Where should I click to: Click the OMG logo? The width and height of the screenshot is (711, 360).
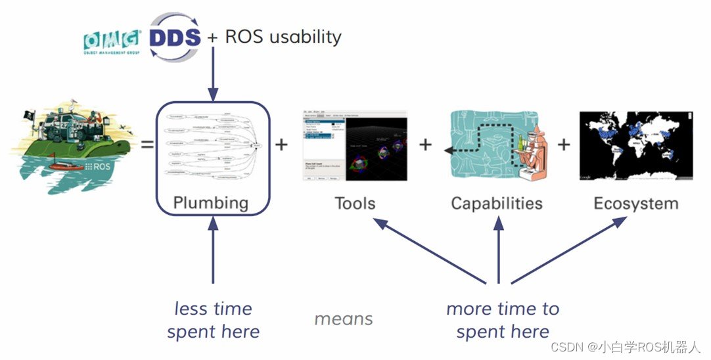tap(111, 41)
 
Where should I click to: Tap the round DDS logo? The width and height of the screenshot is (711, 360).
tap(175, 37)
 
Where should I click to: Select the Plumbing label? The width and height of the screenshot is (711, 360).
tap(211, 203)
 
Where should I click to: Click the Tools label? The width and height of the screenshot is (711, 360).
tap(355, 203)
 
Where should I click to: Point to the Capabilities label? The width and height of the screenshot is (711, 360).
tap(497, 203)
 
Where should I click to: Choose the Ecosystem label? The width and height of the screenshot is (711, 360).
tap(635, 203)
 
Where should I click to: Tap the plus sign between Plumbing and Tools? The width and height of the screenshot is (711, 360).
tap(281, 143)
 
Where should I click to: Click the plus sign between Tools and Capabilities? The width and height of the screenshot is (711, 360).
tap(426, 143)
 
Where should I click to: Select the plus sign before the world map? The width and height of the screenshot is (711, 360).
tap(564, 143)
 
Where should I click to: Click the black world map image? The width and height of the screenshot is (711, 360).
tap(636, 146)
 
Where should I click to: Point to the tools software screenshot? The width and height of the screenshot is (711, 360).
tap(355, 146)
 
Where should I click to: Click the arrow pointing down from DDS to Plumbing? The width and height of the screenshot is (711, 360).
tap(212, 72)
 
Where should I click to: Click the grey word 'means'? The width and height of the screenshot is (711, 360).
tap(344, 319)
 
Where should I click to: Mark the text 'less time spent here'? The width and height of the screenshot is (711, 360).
tap(214, 320)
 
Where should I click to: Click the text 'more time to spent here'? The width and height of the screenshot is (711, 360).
tap(503, 320)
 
